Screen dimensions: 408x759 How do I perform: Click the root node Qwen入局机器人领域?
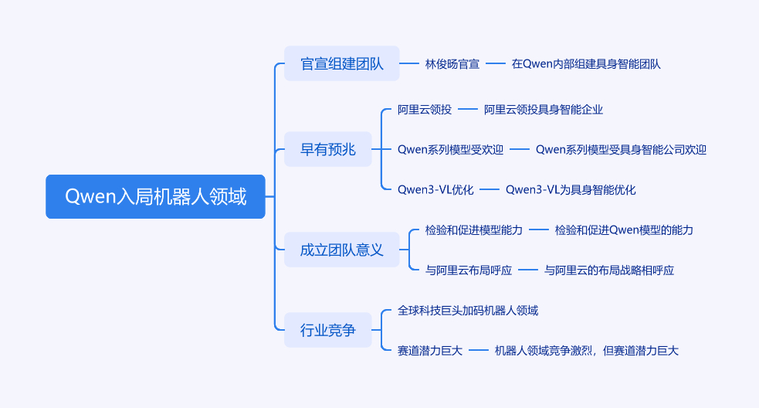pos(155,196)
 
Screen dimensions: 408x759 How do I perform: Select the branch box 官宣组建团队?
pos(341,63)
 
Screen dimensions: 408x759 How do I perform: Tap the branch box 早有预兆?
pos(327,149)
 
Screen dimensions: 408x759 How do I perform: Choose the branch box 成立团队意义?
pos(341,250)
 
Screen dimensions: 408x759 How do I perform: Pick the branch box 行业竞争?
pos(327,330)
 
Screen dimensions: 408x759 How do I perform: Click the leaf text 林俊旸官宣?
pos(452,64)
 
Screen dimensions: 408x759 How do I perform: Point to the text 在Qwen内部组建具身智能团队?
pos(586,64)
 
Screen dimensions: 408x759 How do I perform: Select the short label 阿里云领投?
pos(425,110)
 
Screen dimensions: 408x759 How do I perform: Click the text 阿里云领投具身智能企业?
pos(543,110)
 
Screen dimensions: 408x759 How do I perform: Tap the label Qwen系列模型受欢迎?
pos(450,150)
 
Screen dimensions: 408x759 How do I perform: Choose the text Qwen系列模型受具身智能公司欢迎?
pos(621,150)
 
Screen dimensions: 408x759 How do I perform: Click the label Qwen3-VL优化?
pos(435,189)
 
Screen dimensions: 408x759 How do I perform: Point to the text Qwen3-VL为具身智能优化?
pos(570,189)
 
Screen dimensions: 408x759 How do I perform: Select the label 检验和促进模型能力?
pos(474,230)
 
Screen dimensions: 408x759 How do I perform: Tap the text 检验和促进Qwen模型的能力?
pos(624,230)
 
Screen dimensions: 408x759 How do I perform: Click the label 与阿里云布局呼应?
pos(469,270)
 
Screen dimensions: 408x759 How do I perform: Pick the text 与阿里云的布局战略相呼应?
pos(609,270)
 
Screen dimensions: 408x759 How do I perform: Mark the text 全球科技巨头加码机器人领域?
pos(468,311)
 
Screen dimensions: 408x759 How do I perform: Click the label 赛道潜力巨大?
pos(430,351)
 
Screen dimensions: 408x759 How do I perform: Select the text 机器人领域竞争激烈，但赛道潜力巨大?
pos(587,351)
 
